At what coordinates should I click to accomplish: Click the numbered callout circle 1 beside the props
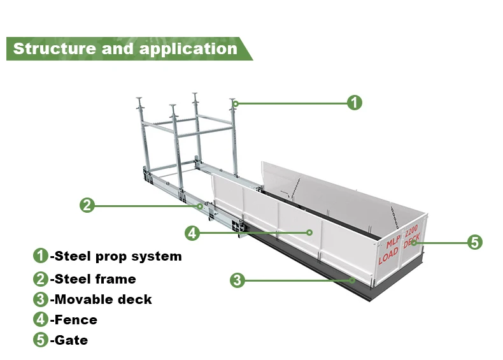[x=355, y=103]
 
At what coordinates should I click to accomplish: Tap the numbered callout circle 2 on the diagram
[x=87, y=205]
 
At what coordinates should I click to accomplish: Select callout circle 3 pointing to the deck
[x=237, y=279]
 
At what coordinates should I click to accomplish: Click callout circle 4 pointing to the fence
[x=193, y=233]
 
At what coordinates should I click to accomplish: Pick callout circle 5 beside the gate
[x=474, y=242]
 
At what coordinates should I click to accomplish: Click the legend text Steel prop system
[x=118, y=257]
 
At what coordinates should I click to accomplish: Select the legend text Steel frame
[x=96, y=278]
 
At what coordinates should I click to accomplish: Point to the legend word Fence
[x=76, y=320]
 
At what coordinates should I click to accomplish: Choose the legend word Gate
[x=71, y=340]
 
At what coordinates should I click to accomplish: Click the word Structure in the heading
[x=53, y=48]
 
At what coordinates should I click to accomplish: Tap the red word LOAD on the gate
[x=388, y=258]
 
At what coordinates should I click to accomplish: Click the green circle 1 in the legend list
[x=41, y=256]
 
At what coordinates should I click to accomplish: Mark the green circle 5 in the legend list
[x=41, y=340]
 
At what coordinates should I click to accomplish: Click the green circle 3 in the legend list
[x=41, y=299]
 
